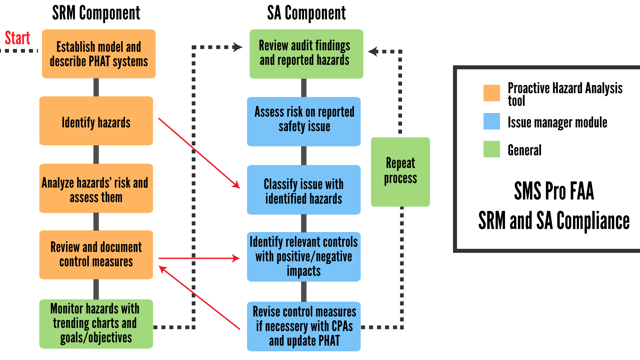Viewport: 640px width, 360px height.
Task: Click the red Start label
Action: [x=17, y=38]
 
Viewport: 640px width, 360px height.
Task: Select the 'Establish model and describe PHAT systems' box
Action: [x=99, y=54]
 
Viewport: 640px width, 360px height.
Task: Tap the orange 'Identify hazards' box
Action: [x=96, y=121]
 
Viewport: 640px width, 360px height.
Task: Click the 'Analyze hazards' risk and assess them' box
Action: [x=96, y=188]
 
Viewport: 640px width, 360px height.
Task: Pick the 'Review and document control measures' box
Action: [x=96, y=255]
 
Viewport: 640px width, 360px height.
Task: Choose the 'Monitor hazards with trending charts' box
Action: [x=96, y=324]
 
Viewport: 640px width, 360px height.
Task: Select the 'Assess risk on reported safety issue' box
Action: [x=304, y=122]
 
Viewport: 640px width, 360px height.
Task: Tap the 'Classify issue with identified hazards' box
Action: [x=304, y=190]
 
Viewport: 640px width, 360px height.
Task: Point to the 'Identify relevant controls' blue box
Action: [x=304, y=257]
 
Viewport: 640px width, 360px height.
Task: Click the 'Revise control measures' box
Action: [x=304, y=326]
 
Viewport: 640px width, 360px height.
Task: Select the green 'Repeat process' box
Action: [x=400, y=172]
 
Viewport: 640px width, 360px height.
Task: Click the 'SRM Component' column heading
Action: [x=96, y=13]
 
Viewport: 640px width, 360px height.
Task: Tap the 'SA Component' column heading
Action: [x=306, y=13]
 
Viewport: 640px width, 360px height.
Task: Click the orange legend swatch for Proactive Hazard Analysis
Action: [x=492, y=93]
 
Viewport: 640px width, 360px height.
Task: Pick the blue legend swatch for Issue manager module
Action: [x=492, y=121]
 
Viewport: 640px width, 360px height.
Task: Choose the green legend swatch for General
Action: [x=492, y=149]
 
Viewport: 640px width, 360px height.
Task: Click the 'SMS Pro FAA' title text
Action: [x=554, y=191]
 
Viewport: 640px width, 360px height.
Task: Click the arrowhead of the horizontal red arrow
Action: [x=236, y=258]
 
